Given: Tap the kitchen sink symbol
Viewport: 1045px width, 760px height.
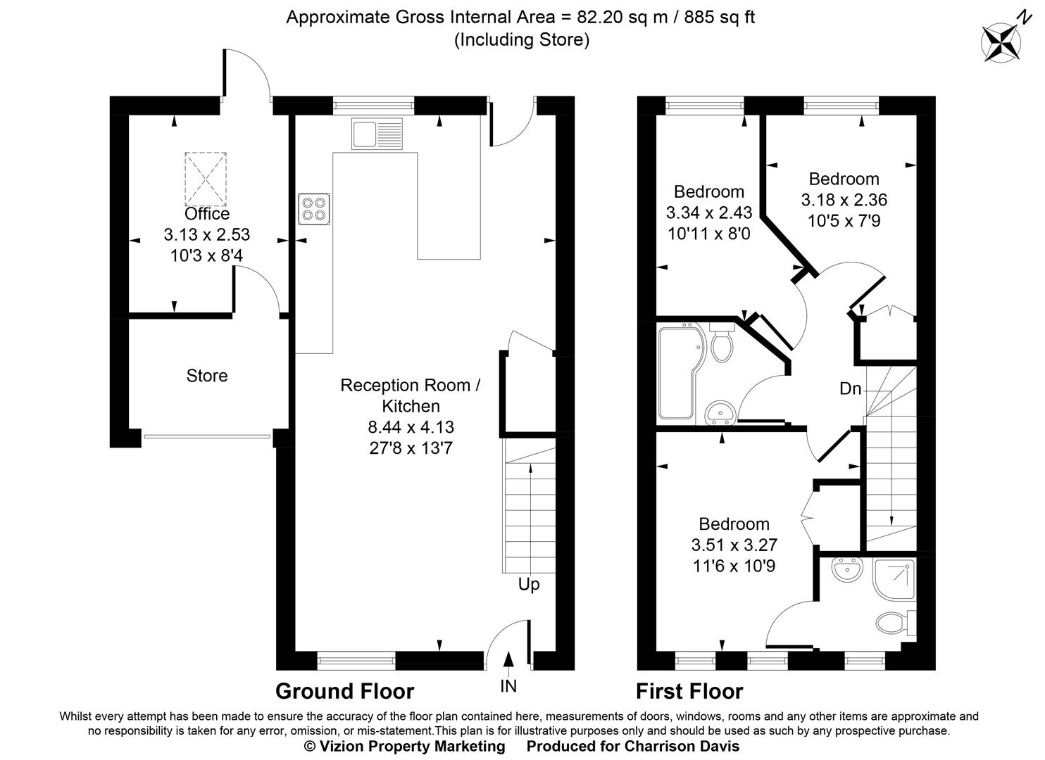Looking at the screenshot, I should click(x=377, y=134).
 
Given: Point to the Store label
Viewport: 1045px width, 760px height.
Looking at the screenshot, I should click(x=207, y=376).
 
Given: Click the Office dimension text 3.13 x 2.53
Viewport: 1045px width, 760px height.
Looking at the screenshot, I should click(x=206, y=234).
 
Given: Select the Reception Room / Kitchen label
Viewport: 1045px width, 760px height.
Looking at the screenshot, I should click(x=411, y=395).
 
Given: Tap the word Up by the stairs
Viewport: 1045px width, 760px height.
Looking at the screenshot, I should click(x=529, y=585).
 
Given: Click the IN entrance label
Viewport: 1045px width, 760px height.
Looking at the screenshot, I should click(x=508, y=686).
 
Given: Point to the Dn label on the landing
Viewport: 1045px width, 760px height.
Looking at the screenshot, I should click(x=851, y=388).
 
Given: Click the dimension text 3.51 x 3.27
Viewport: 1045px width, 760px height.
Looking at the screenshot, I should click(x=734, y=545).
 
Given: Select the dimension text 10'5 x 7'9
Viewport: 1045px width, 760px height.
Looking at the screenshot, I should click(x=844, y=221).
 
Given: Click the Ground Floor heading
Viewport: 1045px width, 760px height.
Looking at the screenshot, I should click(x=344, y=691).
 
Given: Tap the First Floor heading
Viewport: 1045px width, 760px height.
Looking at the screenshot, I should click(x=689, y=691).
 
